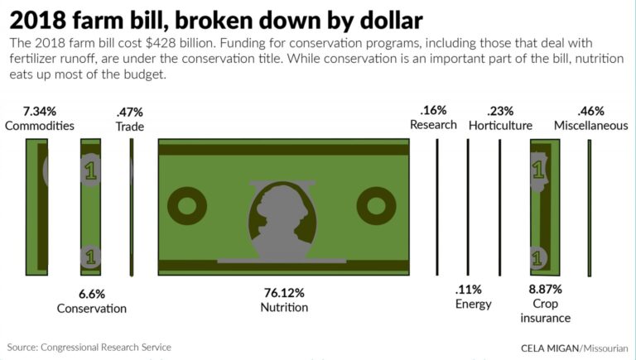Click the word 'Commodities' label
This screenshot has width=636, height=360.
click(40, 126)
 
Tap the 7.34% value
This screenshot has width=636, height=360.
click(40, 111)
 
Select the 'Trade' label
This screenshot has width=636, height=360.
click(129, 127)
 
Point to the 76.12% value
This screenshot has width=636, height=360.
click(284, 293)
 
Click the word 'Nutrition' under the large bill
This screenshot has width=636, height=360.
click(284, 307)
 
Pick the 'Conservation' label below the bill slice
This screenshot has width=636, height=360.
click(91, 309)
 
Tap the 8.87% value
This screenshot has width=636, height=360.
click(546, 290)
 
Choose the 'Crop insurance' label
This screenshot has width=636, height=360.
click(546, 310)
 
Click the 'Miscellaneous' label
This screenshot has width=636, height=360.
click(591, 126)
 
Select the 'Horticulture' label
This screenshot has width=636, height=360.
click(500, 126)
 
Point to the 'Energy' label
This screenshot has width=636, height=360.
click(473, 304)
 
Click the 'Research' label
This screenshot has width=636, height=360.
click(433, 125)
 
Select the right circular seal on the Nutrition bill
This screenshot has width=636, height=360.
click(377, 205)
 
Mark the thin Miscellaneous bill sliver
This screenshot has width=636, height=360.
click(589, 207)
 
